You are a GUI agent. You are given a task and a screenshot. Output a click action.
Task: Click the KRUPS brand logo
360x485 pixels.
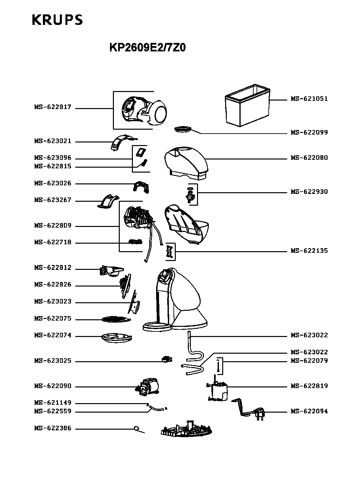57,20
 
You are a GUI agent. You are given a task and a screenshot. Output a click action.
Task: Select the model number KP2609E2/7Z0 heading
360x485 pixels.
148,47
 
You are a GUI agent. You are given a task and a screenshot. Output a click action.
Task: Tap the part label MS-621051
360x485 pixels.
309,99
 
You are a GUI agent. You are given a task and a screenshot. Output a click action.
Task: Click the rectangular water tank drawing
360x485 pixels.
247,105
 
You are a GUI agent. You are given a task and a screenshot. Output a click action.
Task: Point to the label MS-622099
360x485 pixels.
309,132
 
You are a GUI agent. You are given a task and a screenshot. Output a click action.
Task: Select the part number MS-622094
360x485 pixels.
309,411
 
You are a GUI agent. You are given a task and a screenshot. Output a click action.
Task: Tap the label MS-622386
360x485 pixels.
53,428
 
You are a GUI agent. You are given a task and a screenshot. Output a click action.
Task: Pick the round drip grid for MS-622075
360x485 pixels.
116,320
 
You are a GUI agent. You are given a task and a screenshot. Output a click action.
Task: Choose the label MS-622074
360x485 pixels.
53,335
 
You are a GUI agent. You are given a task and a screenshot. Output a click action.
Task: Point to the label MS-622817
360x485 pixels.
53,107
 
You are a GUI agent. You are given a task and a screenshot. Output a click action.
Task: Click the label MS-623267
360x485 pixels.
53,200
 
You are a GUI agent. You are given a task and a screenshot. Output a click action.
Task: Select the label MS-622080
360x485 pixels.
309,158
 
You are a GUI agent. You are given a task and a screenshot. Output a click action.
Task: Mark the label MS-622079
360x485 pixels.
309,361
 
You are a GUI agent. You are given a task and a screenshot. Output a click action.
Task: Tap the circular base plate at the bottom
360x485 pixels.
186,430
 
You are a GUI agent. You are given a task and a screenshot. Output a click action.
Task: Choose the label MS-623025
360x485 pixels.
53,361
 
